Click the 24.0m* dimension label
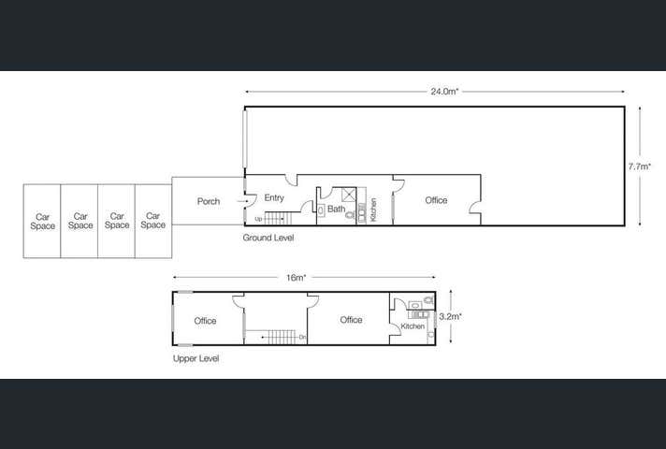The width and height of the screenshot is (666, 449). click(443, 92)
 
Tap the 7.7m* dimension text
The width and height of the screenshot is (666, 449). click(640, 166)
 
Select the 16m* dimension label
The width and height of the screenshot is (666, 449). click(297, 278)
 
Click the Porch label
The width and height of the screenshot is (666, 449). click(209, 201)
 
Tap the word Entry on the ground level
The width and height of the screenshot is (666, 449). click(274, 197)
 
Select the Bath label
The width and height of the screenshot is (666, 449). click(336, 209)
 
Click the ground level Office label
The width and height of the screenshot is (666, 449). click(436, 200)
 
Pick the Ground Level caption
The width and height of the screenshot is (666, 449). click(268, 239)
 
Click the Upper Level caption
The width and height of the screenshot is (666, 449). click(195, 358)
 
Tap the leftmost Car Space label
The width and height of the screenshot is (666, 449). click(43, 221)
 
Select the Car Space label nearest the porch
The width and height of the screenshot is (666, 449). click(153, 221)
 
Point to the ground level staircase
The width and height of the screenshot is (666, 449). click(280, 218)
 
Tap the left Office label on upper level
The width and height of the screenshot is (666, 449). click(205, 321)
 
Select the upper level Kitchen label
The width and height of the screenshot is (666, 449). click(413, 326)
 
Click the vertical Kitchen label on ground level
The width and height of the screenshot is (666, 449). click(373, 209)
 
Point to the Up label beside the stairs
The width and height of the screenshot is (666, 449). click(258, 220)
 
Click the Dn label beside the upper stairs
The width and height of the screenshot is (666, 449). click(302, 337)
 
